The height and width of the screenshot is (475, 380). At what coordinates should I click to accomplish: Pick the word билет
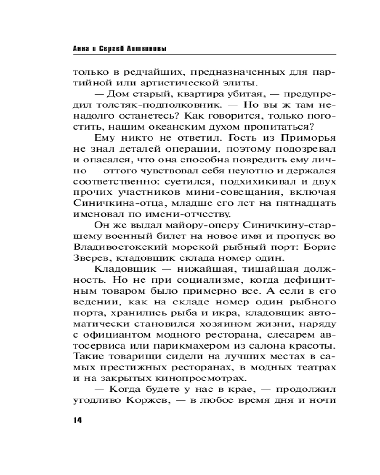(x=163, y=236)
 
